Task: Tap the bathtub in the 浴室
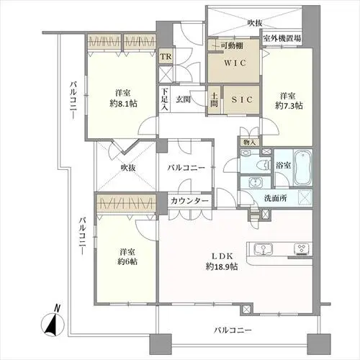302,168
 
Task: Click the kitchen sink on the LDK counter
264,249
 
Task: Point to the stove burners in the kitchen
302,248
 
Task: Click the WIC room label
235,63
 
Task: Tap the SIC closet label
242,99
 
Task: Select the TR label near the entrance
166,57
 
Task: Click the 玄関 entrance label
183,99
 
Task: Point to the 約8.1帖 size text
124,104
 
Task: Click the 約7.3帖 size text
289,106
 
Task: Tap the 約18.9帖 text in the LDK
222,266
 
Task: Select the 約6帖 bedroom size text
127,261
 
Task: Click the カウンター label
189,201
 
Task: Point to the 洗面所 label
275,199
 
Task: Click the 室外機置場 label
282,38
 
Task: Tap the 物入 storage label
249,143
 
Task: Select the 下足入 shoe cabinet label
164,99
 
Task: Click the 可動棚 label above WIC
232,45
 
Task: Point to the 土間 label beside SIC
215,99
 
